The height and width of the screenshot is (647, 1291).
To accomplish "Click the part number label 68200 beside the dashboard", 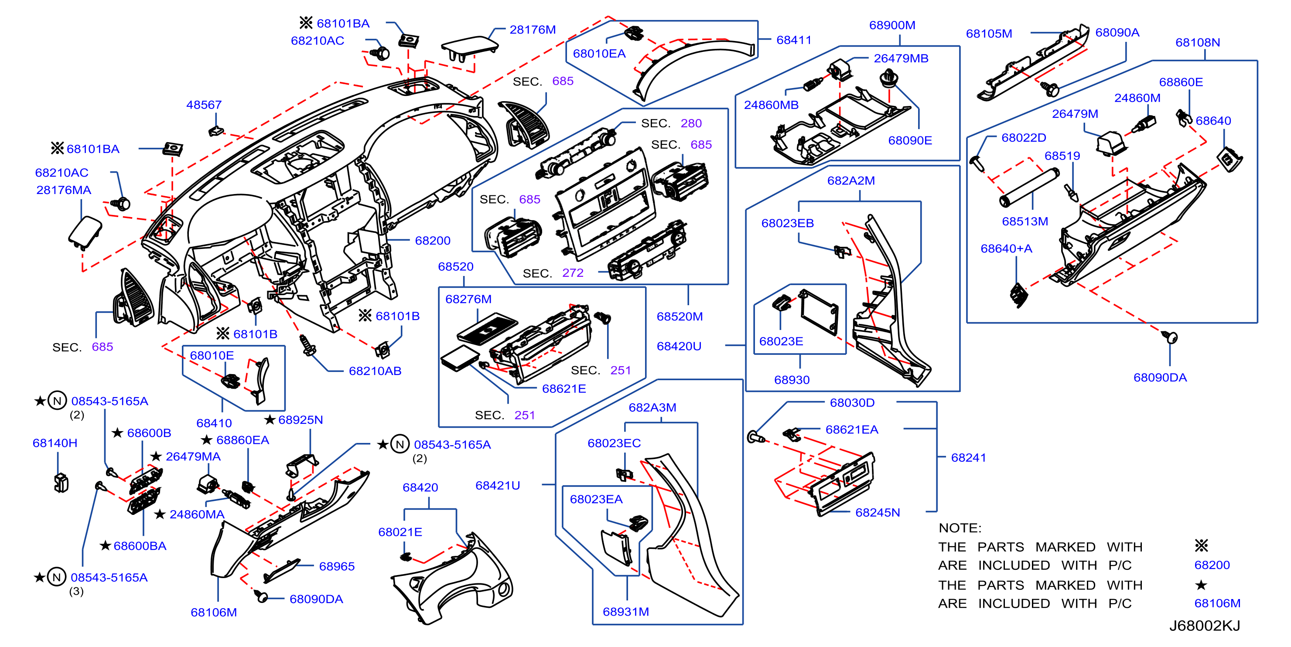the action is coord(433,241).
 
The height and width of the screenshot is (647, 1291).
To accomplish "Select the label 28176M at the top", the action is coord(532,30).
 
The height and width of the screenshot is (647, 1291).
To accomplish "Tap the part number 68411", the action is coord(793,40).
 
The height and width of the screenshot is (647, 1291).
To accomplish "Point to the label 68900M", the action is coord(892,25).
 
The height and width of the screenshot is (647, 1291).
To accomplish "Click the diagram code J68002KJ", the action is coord(1204,626).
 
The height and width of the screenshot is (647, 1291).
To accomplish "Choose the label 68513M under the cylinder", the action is coord(1025,221).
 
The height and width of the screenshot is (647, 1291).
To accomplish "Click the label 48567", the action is coord(204,105).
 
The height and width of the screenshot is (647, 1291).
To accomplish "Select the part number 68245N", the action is coord(878,512).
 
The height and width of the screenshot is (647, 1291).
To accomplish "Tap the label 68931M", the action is coord(625,611).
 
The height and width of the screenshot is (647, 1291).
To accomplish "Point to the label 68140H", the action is coord(55,443).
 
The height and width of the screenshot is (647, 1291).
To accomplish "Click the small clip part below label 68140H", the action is coord(61,483).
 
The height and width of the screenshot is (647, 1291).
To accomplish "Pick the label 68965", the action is coord(337,566).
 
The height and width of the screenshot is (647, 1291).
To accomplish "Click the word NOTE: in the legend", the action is coord(960,528).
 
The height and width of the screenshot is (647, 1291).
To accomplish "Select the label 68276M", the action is coord(468,299).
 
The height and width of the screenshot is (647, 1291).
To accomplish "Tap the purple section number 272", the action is coord(573,272).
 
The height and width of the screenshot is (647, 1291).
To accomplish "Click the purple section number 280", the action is coord(691,123).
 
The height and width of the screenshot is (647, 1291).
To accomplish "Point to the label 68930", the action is coord(792,380).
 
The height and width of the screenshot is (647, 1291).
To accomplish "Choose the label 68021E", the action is coord(400,532).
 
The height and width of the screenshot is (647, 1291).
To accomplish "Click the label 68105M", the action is coord(989,34).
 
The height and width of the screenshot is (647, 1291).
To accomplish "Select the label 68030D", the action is coord(852,402).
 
